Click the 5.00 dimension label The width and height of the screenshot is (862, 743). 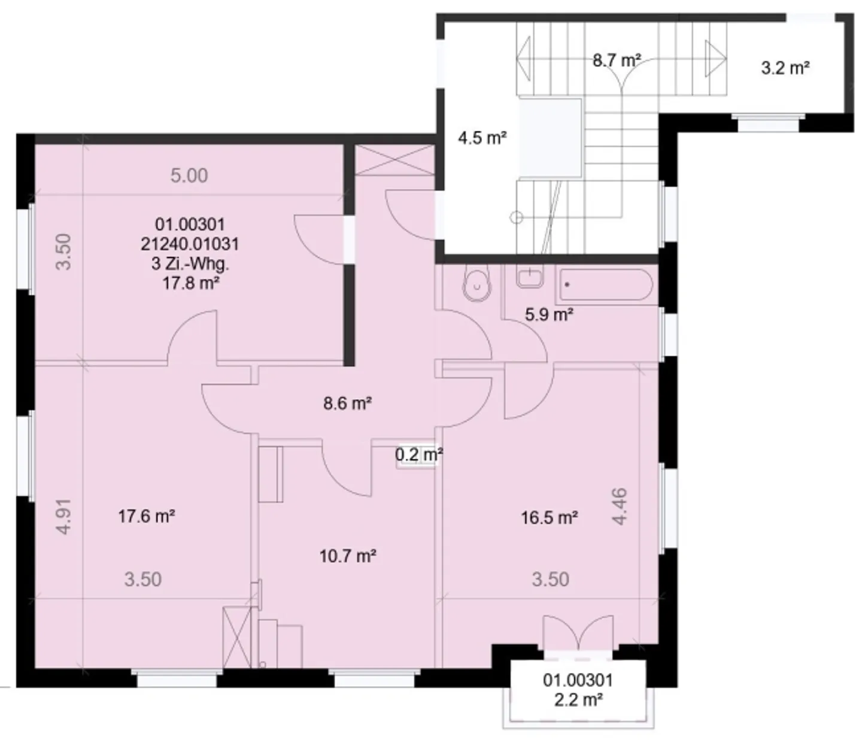[189, 175]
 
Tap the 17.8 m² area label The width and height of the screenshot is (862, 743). [190, 283]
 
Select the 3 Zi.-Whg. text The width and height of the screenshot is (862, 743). [190, 263]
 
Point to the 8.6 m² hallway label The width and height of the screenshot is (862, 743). [347, 404]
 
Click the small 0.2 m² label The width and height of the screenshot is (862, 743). [418, 455]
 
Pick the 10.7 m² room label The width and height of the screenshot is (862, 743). [347, 556]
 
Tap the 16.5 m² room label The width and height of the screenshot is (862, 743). [549, 517]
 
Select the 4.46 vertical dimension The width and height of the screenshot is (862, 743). [620, 507]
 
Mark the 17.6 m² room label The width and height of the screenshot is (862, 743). [146, 515]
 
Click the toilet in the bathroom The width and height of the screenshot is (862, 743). [476, 283]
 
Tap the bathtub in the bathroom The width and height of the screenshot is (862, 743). [605, 285]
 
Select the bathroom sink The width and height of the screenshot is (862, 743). [530, 278]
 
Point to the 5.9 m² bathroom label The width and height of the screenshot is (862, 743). [549, 314]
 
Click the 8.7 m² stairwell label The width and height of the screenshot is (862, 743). [617, 60]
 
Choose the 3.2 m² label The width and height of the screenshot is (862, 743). [785, 68]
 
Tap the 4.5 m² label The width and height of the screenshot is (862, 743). [482, 138]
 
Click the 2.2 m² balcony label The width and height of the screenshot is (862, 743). [578, 699]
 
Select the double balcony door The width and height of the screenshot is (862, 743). [578, 633]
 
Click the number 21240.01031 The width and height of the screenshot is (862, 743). [190, 244]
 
